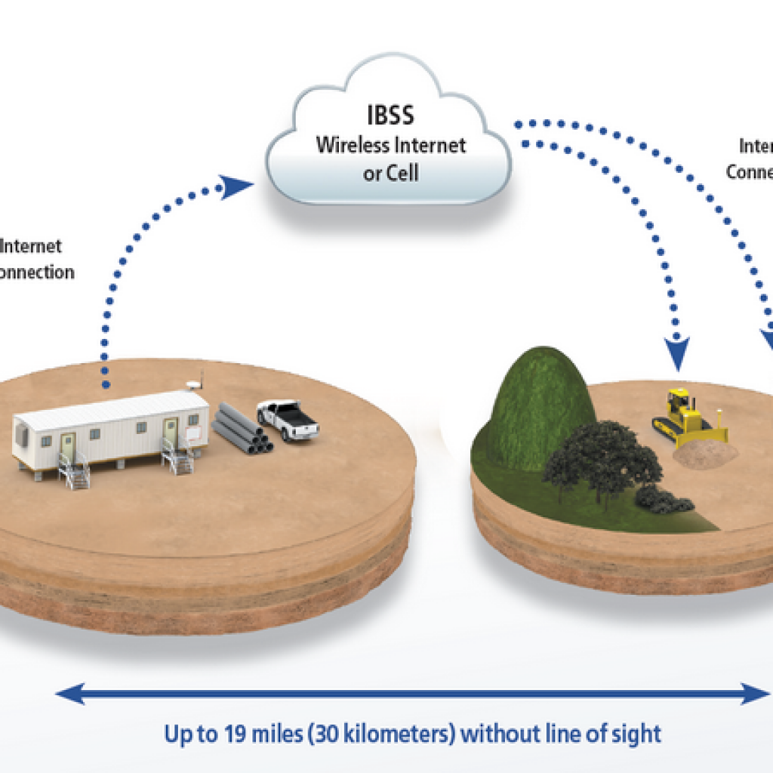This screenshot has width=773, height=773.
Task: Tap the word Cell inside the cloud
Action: (x=402, y=173)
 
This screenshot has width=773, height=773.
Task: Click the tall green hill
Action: (x=538, y=400)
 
